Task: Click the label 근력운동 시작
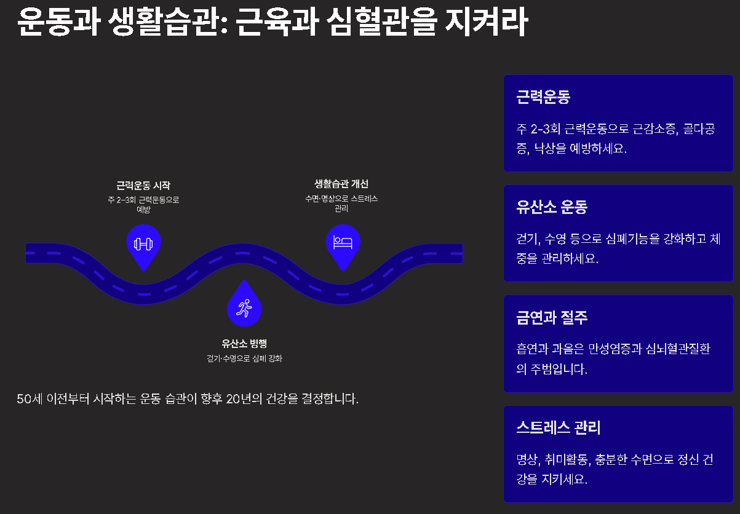coord(143,185)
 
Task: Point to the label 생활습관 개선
coord(341,184)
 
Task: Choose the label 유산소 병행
coord(244,344)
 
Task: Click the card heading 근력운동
coord(544,97)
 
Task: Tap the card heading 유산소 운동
coord(552,207)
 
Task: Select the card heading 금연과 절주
coord(552,317)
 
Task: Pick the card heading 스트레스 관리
coord(559,427)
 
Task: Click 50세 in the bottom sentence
coord(29,399)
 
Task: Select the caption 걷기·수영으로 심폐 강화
coord(244,358)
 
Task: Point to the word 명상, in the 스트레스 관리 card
coord(530,460)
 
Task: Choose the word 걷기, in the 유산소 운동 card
coord(530,239)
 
